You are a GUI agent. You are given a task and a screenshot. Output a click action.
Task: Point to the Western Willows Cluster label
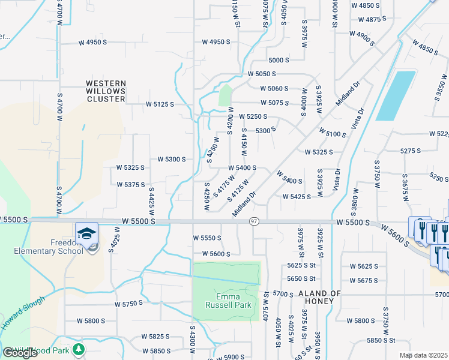coord(106,91)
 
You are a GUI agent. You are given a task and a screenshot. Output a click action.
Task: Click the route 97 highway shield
coord(254,222)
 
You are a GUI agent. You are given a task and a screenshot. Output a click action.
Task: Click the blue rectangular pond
coord(396,95)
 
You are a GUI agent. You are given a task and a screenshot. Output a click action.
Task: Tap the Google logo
coord(20,353)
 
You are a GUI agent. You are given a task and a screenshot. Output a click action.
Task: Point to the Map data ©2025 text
coord(424,355)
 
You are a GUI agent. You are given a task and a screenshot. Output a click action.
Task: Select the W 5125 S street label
coord(160,104)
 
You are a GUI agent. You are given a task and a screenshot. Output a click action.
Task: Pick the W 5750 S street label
coord(128,304)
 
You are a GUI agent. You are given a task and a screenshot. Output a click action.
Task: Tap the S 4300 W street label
coord(192,343)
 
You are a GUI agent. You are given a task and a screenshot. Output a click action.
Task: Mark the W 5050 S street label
coord(262,74)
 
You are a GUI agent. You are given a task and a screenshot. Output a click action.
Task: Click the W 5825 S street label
coord(156,337)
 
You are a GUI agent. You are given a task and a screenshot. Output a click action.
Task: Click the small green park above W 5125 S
coord(225,95)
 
